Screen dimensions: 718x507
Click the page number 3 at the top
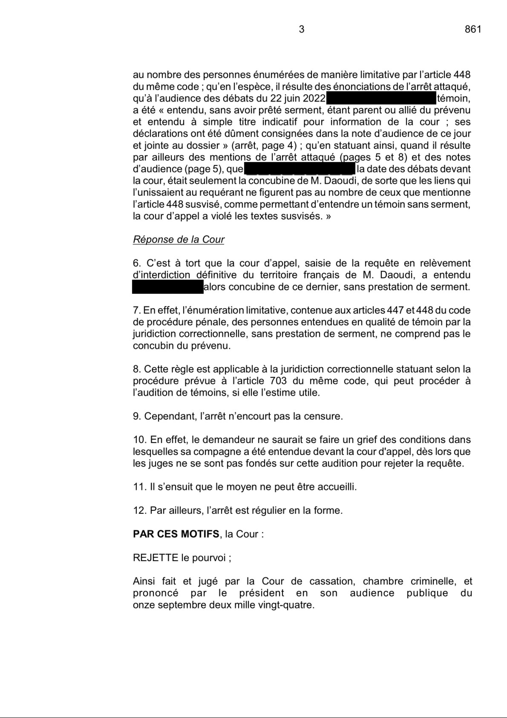point(301,29)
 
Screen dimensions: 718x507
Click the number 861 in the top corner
point(473,29)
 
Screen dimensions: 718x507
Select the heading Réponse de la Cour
point(178,240)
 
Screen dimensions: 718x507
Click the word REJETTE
point(156,557)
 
